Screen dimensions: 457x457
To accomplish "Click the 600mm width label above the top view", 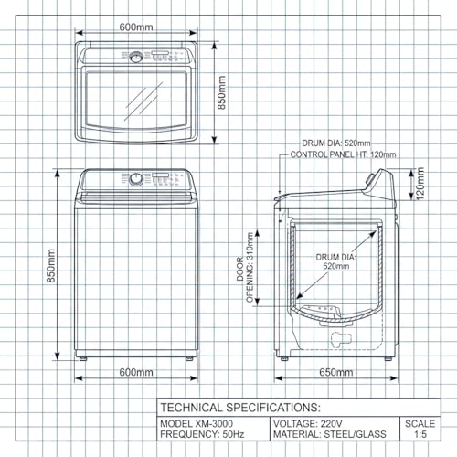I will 136,27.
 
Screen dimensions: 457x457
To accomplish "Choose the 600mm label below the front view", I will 136,372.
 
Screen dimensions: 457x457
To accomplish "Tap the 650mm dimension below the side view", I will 336,372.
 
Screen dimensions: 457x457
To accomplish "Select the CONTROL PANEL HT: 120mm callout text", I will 343,155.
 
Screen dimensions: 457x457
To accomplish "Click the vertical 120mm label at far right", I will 421,186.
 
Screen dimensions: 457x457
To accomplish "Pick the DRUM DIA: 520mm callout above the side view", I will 337,143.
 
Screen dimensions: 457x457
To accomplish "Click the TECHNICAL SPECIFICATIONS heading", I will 239,407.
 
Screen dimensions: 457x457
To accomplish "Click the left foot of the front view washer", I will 83,358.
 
